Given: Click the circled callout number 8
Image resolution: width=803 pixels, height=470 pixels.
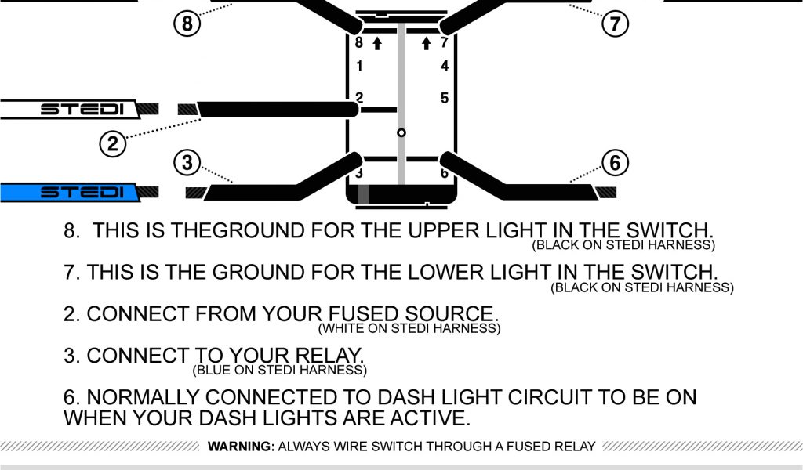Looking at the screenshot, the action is (x=187, y=24).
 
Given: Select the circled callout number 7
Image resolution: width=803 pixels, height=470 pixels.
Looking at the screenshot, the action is (x=616, y=24).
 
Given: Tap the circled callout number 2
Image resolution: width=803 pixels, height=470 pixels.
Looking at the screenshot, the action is (x=113, y=143).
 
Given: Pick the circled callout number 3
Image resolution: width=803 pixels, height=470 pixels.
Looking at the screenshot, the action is (x=187, y=163).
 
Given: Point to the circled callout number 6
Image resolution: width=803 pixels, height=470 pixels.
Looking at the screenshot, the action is (x=616, y=163).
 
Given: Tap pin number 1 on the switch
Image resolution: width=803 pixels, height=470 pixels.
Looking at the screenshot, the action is (x=359, y=67).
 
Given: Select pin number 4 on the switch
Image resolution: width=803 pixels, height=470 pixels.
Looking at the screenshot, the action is (x=445, y=67).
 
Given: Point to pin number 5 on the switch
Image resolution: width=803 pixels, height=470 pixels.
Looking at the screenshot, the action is (x=445, y=98).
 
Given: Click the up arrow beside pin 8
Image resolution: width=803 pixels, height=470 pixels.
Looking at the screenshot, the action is (x=377, y=43).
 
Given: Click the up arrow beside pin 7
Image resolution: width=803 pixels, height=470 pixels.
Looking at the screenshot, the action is (x=427, y=43).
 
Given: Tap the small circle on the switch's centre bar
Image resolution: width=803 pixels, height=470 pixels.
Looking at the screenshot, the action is (x=401, y=133).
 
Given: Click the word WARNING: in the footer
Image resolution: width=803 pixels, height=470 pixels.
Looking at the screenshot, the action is (x=240, y=447).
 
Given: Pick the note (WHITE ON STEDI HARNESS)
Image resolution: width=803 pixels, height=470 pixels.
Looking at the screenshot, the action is (x=409, y=328).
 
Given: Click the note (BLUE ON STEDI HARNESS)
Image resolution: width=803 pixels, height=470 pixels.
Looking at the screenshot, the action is (x=279, y=370).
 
